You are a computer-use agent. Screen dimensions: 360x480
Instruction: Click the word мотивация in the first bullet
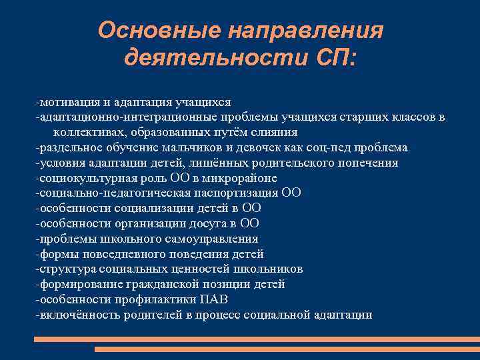pyautogui.click(x=69, y=102)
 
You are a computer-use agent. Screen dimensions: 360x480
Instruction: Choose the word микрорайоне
pyautogui.click(x=242, y=178)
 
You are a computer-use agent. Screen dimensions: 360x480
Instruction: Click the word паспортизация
pyautogui.click(x=239, y=193)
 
